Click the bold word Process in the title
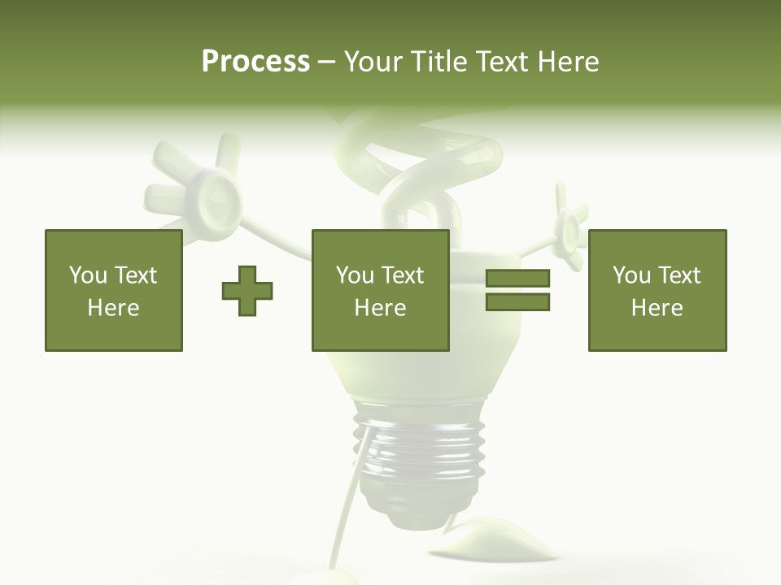click(255, 62)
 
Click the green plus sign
click(247, 291)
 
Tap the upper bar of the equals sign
click(517, 278)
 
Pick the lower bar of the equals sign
click(517, 302)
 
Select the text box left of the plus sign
click(114, 291)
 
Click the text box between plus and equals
click(380, 291)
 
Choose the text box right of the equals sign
click(657, 291)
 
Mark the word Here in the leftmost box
click(114, 308)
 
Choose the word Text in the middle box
click(403, 275)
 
